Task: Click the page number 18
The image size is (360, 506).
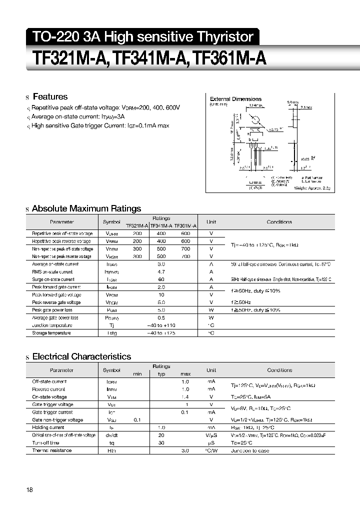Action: click(x=30, y=490)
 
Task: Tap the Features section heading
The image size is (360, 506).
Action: click(x=49, y=97)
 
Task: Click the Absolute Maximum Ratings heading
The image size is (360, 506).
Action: click(x=86, y=208)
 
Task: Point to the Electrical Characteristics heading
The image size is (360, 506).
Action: click(x=81, y=356)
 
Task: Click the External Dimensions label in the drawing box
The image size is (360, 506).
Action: click(x=235, y=99)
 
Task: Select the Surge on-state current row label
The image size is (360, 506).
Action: click(x=53, y=279)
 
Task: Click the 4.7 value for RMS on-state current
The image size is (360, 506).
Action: click(x=161, y=272)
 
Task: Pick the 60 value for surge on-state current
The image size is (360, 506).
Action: click(x=161, y=279)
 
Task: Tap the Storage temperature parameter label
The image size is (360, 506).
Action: click(x=51, y=333)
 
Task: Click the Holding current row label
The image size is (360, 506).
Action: click(x=48, y=427)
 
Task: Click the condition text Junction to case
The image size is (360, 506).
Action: click(x=249, y=450)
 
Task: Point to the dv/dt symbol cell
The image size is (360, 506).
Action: click(x=111, y=435)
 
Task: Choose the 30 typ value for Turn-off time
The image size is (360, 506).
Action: click(x=161, y=443)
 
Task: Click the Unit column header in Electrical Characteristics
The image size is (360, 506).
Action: click(x=211, y=370)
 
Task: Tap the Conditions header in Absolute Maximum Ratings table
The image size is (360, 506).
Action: click(x=279, y=222)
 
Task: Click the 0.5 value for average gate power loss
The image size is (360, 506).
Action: click(x=161, y=317)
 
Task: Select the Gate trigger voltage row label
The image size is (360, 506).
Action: click(x=52, y=404)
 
